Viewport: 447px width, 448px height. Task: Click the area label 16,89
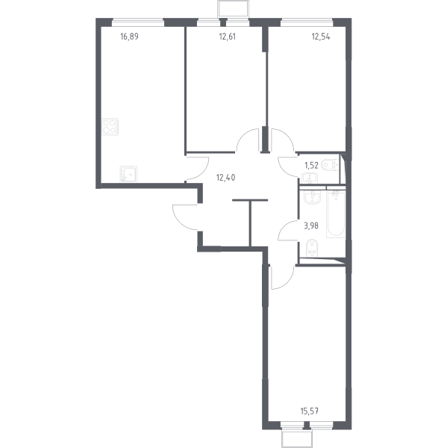pos(129,37)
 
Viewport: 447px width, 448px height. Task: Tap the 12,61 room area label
pos(228,37)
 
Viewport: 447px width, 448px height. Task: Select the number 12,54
pos(321,37)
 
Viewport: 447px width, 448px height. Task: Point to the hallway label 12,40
pos(225,178)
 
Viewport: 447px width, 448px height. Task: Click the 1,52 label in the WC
pos(311,166)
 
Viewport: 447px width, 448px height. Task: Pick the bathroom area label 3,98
pos(311,226)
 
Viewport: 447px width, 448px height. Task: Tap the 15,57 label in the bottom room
pos(310,411)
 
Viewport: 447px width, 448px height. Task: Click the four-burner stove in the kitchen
pos(110,127)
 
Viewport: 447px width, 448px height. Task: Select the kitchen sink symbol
pos(128,174)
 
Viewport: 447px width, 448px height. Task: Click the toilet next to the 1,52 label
pos(330,165)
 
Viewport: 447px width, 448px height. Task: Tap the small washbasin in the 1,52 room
pos(309,178)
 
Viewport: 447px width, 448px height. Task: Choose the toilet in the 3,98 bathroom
pos(312,248)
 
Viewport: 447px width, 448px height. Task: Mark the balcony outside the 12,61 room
pos(233,8)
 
